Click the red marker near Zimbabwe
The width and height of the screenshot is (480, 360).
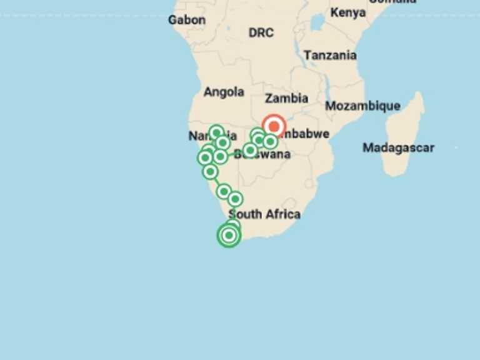tap(273, 126)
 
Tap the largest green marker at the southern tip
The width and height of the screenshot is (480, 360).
tap(229, 236)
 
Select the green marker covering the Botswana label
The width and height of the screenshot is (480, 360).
tap(250, 150)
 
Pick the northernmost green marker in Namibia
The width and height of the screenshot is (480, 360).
tap(216, 132)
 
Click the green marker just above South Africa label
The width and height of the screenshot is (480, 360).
tap(235, 199)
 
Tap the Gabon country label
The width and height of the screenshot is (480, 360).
tap(186, 20)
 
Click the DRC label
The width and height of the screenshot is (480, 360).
tap(261, 32)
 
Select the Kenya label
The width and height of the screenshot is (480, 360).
tap(348, 12)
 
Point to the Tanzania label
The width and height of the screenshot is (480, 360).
tap(330, 56)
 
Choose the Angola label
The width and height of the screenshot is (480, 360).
tap(224, 92)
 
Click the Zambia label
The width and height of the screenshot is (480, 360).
tap(286, 98)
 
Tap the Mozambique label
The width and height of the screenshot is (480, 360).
tap(362, 106)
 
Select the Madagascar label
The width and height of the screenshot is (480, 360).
tap(398, 148)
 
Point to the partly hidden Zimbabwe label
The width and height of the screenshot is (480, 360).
tap(306, 134)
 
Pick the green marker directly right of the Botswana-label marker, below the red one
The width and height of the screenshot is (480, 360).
tap(270, 142)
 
